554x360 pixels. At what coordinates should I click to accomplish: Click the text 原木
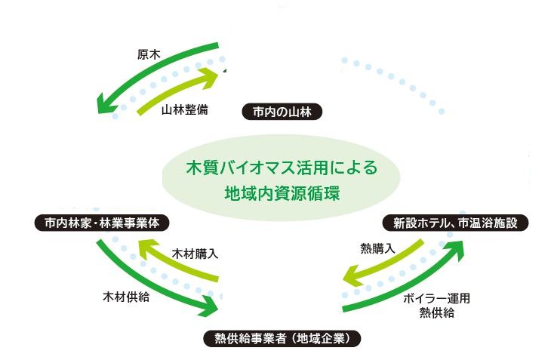coord(147,54)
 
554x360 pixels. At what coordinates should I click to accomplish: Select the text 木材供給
coord(126,297)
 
